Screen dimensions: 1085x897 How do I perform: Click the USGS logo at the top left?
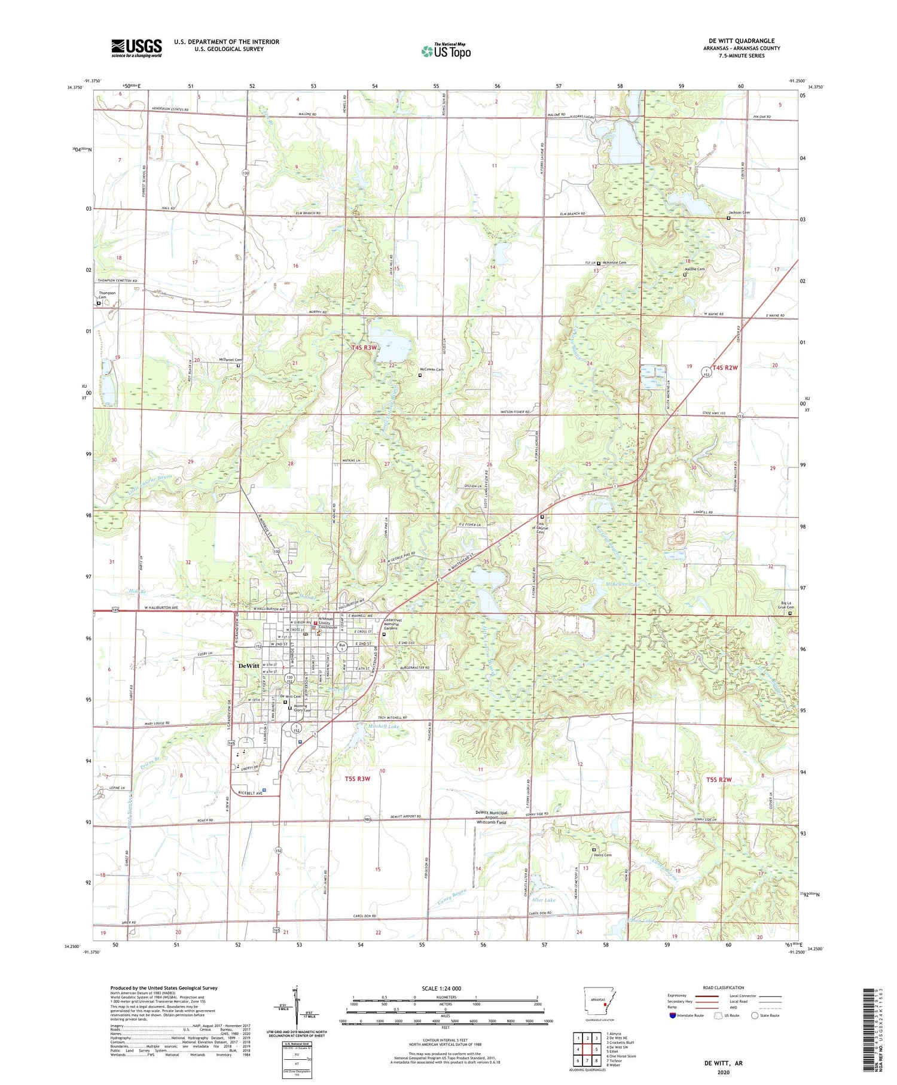click(x=136, y=48)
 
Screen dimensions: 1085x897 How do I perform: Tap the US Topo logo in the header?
click(x=446, y=51)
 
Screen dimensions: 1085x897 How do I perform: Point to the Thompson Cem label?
click(x=107, y=295)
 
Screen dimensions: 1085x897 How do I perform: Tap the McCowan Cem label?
click(x=431, y=369)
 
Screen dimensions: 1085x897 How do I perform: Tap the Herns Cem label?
click(x=602, y=855)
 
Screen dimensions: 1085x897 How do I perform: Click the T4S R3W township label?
click(x=364, y=347)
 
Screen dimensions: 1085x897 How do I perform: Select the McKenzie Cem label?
click(x=615, y=263)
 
